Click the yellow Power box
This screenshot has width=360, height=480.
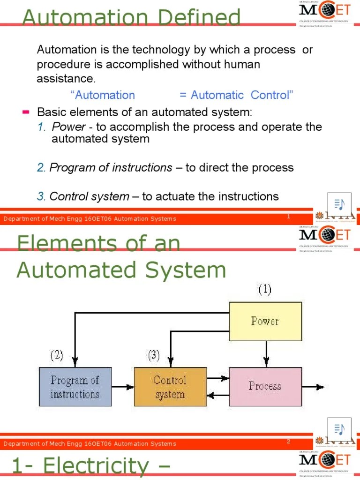point(265,321)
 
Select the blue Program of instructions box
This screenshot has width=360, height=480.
point(75,387)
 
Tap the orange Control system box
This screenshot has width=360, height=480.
point(170,387)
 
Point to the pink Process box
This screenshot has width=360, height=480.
point(265,386)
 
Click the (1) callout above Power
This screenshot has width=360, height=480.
point(264,290)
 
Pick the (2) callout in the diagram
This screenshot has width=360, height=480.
point(57,355)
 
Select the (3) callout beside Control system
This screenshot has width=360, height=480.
point(154,355)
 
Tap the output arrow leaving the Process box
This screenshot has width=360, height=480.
point(313,387)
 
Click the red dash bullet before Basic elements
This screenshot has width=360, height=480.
point(26,112)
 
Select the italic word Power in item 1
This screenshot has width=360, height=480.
point(69,127)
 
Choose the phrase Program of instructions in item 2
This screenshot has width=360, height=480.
point(111,167)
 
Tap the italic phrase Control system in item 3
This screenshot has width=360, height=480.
point(89,196)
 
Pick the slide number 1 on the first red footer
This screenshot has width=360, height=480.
point(289,216)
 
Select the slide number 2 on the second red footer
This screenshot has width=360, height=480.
point(289,441)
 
